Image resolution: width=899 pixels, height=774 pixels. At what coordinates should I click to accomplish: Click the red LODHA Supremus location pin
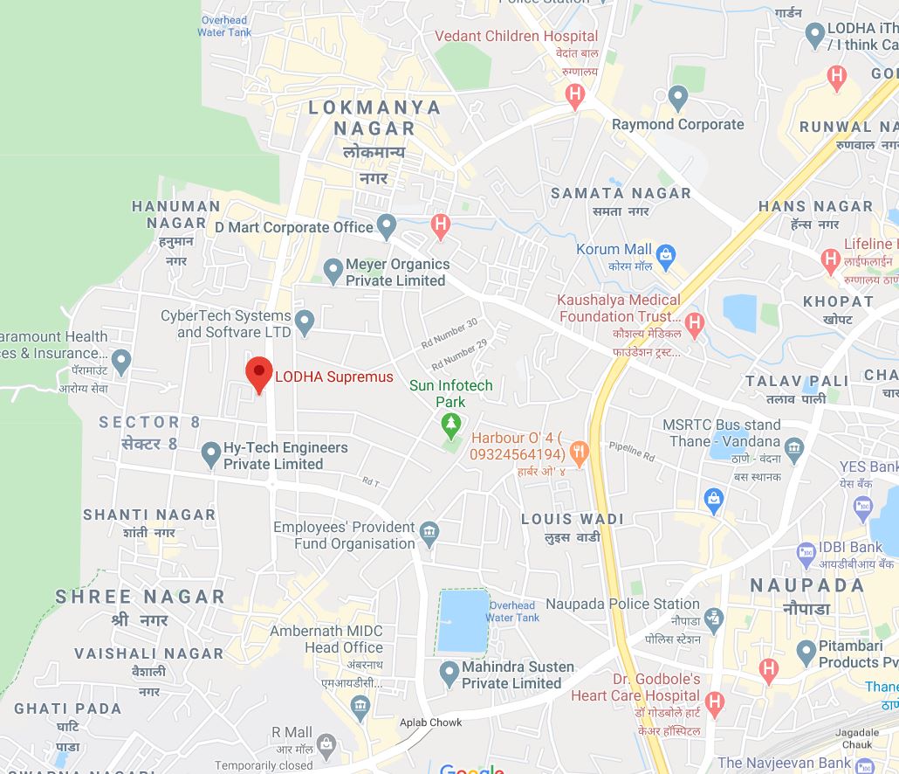coord(258,374)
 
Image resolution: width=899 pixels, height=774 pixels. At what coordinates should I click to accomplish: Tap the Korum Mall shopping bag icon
coord(666,257)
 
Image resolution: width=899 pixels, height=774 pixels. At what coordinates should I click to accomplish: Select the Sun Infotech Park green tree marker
coord(450,426)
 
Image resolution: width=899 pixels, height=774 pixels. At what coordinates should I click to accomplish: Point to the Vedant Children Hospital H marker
coord(574,94)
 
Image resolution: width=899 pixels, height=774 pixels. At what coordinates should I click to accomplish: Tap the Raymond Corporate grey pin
coord(678,97)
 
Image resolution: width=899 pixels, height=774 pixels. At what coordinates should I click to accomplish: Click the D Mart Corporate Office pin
coord(387,227)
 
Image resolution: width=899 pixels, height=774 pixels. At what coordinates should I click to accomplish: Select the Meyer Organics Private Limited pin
coord(333,271)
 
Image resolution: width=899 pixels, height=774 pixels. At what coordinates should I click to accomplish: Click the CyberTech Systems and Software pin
coord(304,322)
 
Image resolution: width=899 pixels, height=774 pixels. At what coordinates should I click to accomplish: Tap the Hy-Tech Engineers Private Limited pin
coord(210,454)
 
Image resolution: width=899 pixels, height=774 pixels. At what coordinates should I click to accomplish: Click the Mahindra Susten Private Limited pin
coord(449,674)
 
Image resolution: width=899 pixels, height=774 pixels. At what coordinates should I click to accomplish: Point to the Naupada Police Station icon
coord(714,619)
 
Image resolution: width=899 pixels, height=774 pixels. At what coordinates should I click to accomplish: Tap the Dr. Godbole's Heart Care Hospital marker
coord(715,701)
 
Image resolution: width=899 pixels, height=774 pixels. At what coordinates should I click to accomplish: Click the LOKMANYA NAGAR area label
coord(374,118)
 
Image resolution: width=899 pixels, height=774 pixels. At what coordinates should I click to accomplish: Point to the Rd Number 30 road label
coord(449,333)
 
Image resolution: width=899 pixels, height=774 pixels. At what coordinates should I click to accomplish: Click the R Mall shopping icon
coord(326,744)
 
